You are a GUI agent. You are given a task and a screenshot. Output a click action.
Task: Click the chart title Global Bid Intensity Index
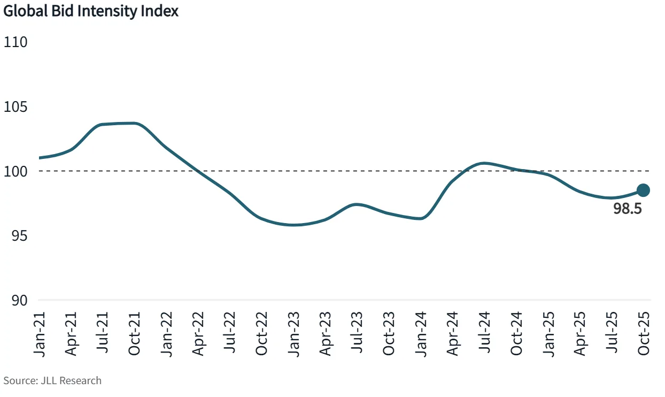tap(91, 11)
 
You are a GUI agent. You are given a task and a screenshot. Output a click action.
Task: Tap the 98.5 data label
tap(627, 209)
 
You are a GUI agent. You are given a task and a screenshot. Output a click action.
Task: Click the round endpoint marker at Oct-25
tap(643, 190)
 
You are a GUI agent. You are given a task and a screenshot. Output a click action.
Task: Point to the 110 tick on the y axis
tap(16, 42)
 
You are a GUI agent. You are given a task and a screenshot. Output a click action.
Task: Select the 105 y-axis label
tap(16, 107)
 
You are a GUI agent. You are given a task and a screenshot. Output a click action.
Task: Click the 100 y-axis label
tap(16, 171)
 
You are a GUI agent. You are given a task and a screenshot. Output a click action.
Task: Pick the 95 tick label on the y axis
tap(16, 236)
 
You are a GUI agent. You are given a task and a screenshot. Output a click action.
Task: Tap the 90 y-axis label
tap(16, 300)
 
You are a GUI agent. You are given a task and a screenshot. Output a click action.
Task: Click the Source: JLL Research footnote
tap(52, 380)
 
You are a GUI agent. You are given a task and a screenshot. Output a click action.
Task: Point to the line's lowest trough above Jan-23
tap(293, 225)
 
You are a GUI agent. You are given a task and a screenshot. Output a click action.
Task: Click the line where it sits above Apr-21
tap(71, 149)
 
